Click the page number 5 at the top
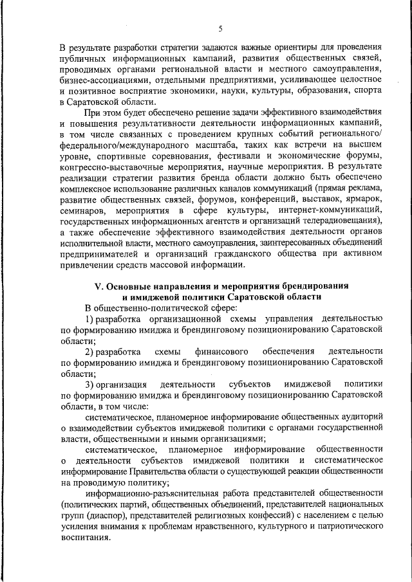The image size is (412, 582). click(x=220, y=28)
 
